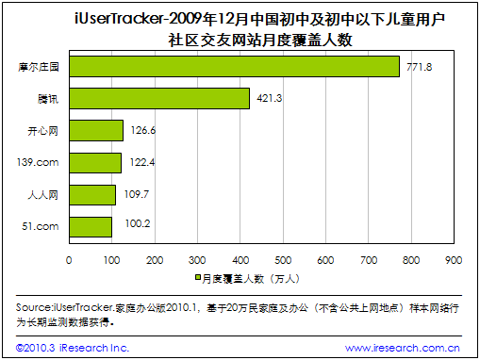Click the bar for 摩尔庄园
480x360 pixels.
(x=235, y=67)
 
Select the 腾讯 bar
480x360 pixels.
(x=159, y=99)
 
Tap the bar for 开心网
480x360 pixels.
(x=96, y=130)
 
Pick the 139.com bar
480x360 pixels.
(x=95, y=163)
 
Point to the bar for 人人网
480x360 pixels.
(x=92, y=195)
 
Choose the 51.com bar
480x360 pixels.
(x=91, y=227)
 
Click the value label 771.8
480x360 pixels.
(x=420, y=67)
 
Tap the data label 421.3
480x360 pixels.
(x=270, y=98)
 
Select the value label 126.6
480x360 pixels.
(x=143, y=130)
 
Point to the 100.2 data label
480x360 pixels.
(x=138, y=223)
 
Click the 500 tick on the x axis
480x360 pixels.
(x=283, y=260)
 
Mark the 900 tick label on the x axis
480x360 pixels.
(x=454, y=260)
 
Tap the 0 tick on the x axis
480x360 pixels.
(x=69, y=260)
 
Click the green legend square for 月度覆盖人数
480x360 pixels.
(x=198, y=277)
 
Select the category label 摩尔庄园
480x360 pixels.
(x=39, y=67)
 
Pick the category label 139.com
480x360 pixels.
(x=38, y=162)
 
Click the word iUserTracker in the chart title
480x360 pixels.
(x=119, y=19)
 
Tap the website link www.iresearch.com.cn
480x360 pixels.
(x=403, y=348)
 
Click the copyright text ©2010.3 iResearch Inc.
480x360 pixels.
(x=73, y=348)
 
